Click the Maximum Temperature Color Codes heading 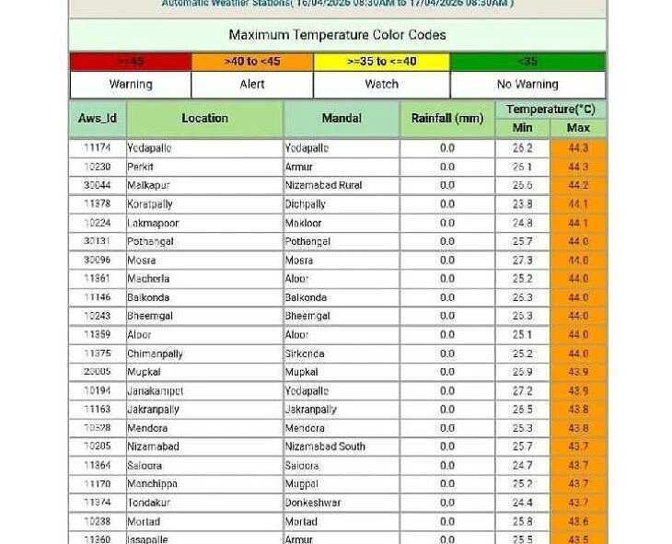pyautogui.click(x=337, y=35)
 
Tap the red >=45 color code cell pyautogui.click(x=130, y=62)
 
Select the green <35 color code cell pyautogui.click(x=527, y=62)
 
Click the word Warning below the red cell pyautogui.click(x=131, y=84)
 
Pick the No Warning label pyautogui.click(x=527, y=84)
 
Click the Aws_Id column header pyautogui.click(x=98, y=118)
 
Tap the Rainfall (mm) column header pyautogui.click(x=446, y=118)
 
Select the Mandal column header pyautogui.click(x=342, y=118)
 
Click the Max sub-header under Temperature pyautogui.click(x=578, y=128)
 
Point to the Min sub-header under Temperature pyautogui.click(x=523, y=128)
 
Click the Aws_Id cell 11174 pyautogui.click(x=98, y=148)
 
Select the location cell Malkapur pyautogui.click(x=149, y=185)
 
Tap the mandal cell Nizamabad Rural pyautogui.click(x=323, y=185)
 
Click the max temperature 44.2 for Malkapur pyautogui.click(x=578, y=185)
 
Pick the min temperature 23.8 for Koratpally pyautogui.click(x=523, y=204)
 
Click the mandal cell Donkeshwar pyautogui.click(x=313, y=503)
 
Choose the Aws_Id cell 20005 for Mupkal pyautogui.click(x=98, y=372)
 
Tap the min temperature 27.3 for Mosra pyautogui.click(x=523, y=260)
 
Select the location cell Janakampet pyautogui.click(x=155, y=390)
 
